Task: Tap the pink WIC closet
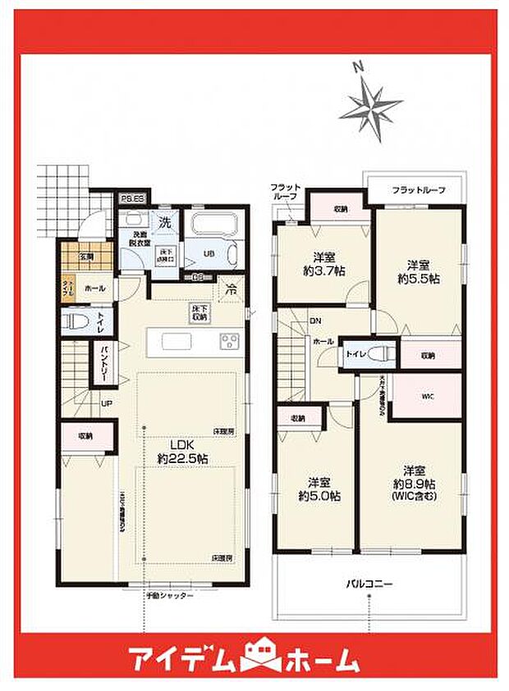coord(427,397)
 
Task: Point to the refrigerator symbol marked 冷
coord(232,289)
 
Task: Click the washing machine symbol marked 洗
coord(164,221)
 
